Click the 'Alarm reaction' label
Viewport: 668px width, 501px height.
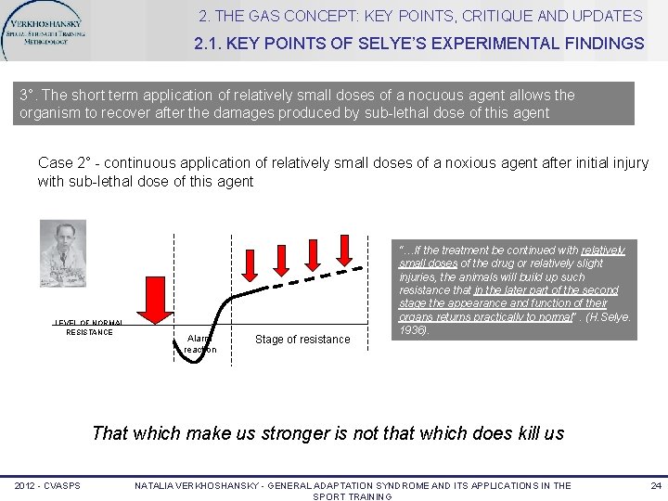(x=199, y=343)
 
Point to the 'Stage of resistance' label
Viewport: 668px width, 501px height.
(x=302, y=340)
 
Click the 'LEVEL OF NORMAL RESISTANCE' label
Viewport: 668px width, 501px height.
(x=89, y=327)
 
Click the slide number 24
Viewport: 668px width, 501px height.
(x=655, y=486)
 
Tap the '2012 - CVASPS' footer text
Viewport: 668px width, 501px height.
(x=46, y=486)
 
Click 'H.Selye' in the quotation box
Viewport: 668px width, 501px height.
(x=610, y=317)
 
